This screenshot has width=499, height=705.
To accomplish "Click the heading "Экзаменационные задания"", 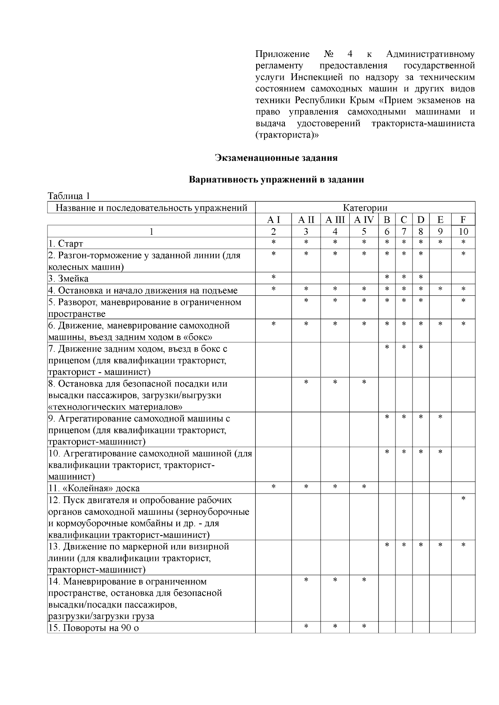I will click(276, 158).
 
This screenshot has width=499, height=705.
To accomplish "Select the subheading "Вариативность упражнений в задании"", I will click(276, 180).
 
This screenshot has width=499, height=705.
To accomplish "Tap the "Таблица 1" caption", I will click(69, 196).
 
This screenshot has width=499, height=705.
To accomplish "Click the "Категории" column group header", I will click(365, 208).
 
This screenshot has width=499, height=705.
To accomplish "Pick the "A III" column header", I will click(335, 220).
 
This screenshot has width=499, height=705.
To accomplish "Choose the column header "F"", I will click(463, 220).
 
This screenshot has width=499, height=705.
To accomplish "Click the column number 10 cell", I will click(463, 231).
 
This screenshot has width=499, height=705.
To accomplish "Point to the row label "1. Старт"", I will click(71, 243).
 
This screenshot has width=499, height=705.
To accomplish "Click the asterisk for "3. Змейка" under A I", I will click(273, 277).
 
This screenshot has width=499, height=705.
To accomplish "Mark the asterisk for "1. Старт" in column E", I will click(440, 242).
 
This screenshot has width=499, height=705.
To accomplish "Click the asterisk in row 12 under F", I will click(463, 498).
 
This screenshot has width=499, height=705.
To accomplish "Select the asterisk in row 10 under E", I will click(440, 451).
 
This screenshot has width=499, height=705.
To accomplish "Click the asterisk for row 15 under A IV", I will click(364, 626).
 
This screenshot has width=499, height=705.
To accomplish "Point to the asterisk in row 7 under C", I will click(403, 346).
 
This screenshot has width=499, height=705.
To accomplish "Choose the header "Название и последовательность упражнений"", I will click(151, 208).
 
